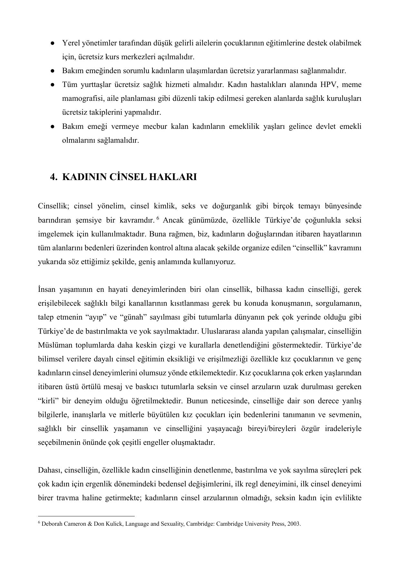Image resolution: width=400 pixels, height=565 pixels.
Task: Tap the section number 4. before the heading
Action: (54, 177)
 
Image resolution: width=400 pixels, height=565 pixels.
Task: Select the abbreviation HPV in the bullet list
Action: (328, 85)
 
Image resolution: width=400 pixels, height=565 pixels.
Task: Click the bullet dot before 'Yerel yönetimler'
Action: (52, 43)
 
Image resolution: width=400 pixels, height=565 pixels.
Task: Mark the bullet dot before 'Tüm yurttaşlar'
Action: (52, 85)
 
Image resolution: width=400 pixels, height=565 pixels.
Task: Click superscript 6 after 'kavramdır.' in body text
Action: (158, 218)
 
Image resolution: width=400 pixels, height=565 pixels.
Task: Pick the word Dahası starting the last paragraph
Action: (50, 470)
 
